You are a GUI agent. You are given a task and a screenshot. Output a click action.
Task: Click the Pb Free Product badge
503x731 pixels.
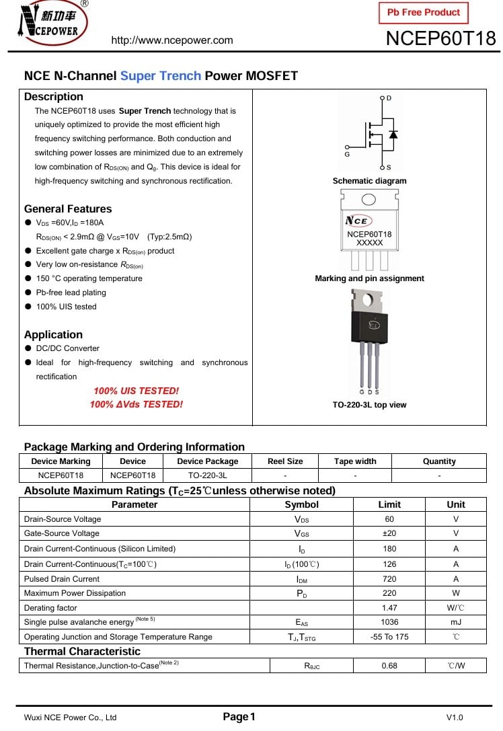[424, 12]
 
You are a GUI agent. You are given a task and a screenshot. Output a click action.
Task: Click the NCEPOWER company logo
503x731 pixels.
[52, 23]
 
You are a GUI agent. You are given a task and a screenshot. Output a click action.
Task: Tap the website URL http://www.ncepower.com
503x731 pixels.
[172, 40]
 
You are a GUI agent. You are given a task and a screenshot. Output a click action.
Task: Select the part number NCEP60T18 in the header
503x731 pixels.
[440, 38]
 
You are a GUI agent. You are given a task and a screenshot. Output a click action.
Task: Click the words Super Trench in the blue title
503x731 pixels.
[161, 76]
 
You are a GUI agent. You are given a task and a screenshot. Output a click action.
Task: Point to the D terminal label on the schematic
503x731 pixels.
[389, 98]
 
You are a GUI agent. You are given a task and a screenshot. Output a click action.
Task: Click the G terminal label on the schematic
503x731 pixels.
[347, 155]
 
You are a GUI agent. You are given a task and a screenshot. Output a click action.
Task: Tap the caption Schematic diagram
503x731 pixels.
[369, 181]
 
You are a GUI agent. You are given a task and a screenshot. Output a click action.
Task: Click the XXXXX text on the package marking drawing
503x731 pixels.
[369, 243]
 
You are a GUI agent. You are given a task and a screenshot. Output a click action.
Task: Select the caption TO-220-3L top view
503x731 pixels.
[369, 405]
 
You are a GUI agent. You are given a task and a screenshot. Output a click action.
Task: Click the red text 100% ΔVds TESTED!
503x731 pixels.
[137, 404]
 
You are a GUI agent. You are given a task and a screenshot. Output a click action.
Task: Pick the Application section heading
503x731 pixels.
[53, 334]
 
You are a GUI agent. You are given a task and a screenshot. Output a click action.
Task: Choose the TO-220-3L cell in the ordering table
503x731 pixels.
[207, 475]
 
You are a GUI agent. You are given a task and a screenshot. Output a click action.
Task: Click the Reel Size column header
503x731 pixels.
[285, 461]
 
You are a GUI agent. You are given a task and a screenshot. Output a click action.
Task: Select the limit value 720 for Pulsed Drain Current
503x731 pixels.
[389, 579]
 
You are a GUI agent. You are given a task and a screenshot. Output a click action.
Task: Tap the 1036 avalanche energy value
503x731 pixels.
[389, 622]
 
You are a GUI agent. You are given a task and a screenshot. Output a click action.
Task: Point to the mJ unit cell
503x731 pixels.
[456, 622]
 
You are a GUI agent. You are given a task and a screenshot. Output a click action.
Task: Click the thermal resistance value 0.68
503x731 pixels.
[389, 666]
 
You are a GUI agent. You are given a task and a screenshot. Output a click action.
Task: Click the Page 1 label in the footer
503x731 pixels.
[239, 717]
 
